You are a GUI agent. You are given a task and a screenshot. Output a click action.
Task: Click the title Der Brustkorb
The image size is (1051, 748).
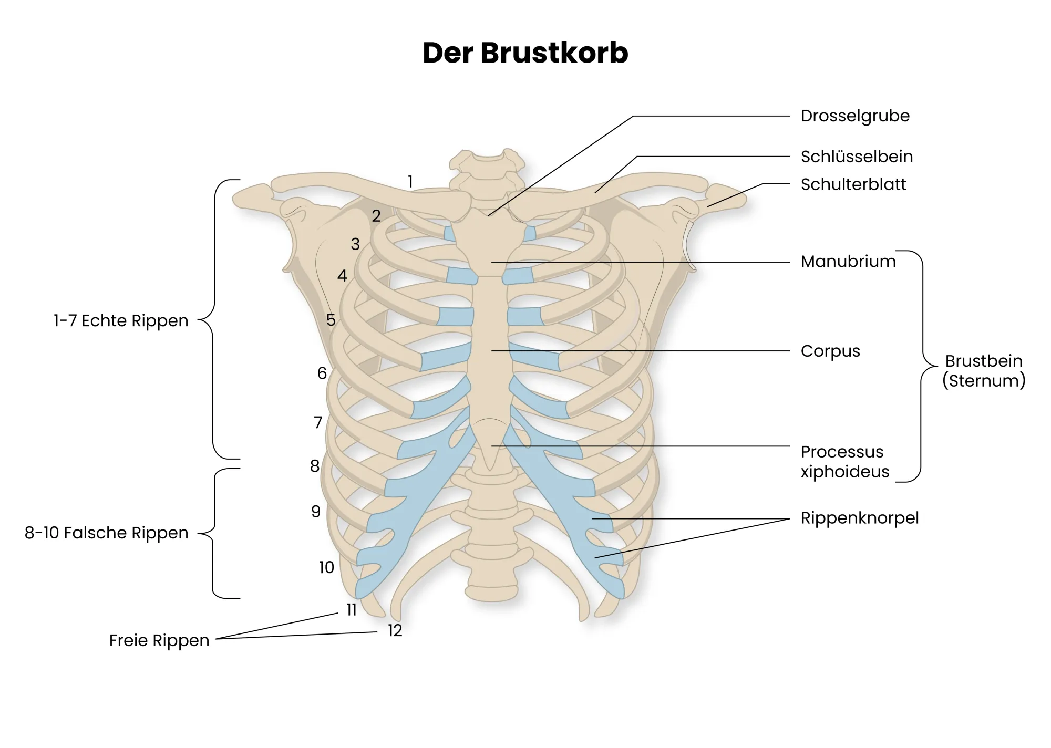tap(525, 53)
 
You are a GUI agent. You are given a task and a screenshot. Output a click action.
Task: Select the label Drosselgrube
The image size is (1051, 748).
tap(855, 116)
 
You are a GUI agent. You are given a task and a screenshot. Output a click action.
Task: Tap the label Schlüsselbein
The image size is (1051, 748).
tap(857, 157)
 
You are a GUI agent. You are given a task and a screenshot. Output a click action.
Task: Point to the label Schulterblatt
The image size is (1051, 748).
tap(853, 184)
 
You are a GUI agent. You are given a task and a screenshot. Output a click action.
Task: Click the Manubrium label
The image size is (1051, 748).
tap(848, 261)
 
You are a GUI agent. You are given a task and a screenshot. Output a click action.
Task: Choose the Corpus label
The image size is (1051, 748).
tap(830, 351)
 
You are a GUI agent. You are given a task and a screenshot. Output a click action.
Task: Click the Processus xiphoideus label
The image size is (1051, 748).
tap(845, 462)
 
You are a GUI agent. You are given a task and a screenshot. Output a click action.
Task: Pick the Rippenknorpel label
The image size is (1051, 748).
tap(860, 518)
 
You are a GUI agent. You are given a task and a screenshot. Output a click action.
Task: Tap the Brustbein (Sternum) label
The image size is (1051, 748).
tap(984, 371)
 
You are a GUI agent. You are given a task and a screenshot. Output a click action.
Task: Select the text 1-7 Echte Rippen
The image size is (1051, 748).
tap(121, 320)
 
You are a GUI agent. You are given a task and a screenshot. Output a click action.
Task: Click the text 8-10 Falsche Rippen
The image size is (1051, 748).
tap(106, 533)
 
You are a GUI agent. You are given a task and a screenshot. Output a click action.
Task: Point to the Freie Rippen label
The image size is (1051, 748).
tap(159, 640)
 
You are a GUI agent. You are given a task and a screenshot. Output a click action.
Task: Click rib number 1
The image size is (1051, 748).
tap(410, 182)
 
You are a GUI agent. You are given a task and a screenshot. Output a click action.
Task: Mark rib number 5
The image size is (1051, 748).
tap(331, 319)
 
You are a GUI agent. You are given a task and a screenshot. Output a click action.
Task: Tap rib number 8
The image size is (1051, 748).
tap(315, 465)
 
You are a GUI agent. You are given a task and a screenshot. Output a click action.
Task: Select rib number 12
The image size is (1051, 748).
tap(395, 630)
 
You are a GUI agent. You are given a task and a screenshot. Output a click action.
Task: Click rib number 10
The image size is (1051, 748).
tap(326, 567)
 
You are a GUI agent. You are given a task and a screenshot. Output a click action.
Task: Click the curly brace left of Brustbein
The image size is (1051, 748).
tap(923, 366)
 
